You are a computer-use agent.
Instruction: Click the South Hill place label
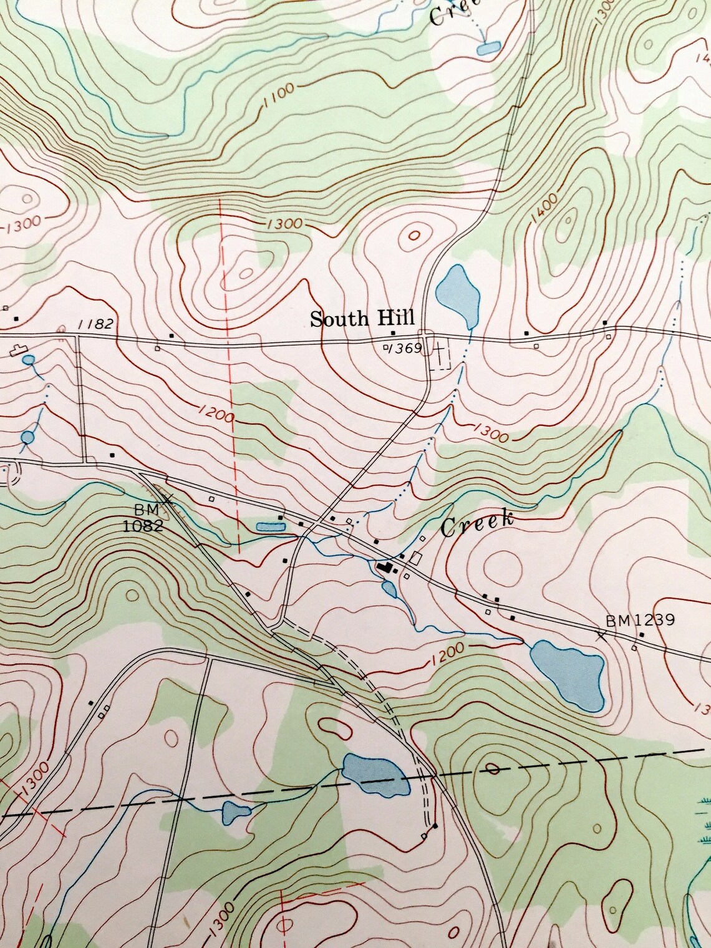click(362, 319)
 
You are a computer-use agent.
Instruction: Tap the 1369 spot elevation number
click(405, 347)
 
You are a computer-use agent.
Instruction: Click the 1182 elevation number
click(95, 324)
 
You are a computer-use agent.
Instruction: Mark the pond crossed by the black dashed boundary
click(376, 774)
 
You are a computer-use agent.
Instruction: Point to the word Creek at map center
click(477, 524)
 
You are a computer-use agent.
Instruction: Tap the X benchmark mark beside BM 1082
click(167, 498)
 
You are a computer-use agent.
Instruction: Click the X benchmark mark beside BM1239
click(601, 636)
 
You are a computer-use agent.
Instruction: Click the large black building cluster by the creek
click(387, 567)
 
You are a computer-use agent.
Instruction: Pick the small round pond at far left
click(27, 437)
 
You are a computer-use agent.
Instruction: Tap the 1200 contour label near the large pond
click(447, 652)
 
